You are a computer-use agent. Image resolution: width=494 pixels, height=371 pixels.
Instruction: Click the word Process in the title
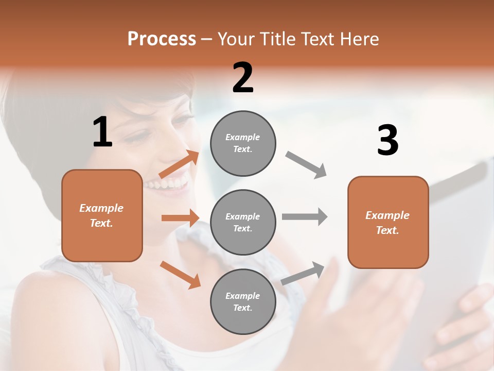[x=162, y=39]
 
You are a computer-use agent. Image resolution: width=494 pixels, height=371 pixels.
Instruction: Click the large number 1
[x=102, y=132]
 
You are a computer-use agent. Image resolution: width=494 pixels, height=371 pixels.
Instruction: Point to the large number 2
[x=243, y=78]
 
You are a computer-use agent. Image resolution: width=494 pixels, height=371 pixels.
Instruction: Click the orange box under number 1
[x=102, y=215]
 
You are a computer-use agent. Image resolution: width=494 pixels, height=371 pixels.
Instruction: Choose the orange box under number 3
[x=388, y=223]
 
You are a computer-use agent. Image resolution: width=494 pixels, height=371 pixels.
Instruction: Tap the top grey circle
[x=243, y=143]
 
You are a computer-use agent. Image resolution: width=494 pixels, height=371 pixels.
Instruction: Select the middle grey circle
[x=243, y=223]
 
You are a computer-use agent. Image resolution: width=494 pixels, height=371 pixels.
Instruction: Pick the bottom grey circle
[x=243, y=302]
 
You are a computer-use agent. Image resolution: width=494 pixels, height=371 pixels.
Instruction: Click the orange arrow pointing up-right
[x=179, y=164]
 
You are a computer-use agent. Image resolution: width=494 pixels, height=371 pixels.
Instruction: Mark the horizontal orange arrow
[x=180, y=218]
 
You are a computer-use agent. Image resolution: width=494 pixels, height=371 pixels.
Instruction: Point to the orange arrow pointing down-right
[x=180, y=275]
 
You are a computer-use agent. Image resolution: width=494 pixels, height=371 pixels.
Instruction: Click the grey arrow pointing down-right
[x=306, y=165]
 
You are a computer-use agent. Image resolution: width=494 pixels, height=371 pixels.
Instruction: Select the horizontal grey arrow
[x=305, y=217]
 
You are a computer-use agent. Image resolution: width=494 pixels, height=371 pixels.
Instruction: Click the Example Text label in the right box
[x=387, y=223]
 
